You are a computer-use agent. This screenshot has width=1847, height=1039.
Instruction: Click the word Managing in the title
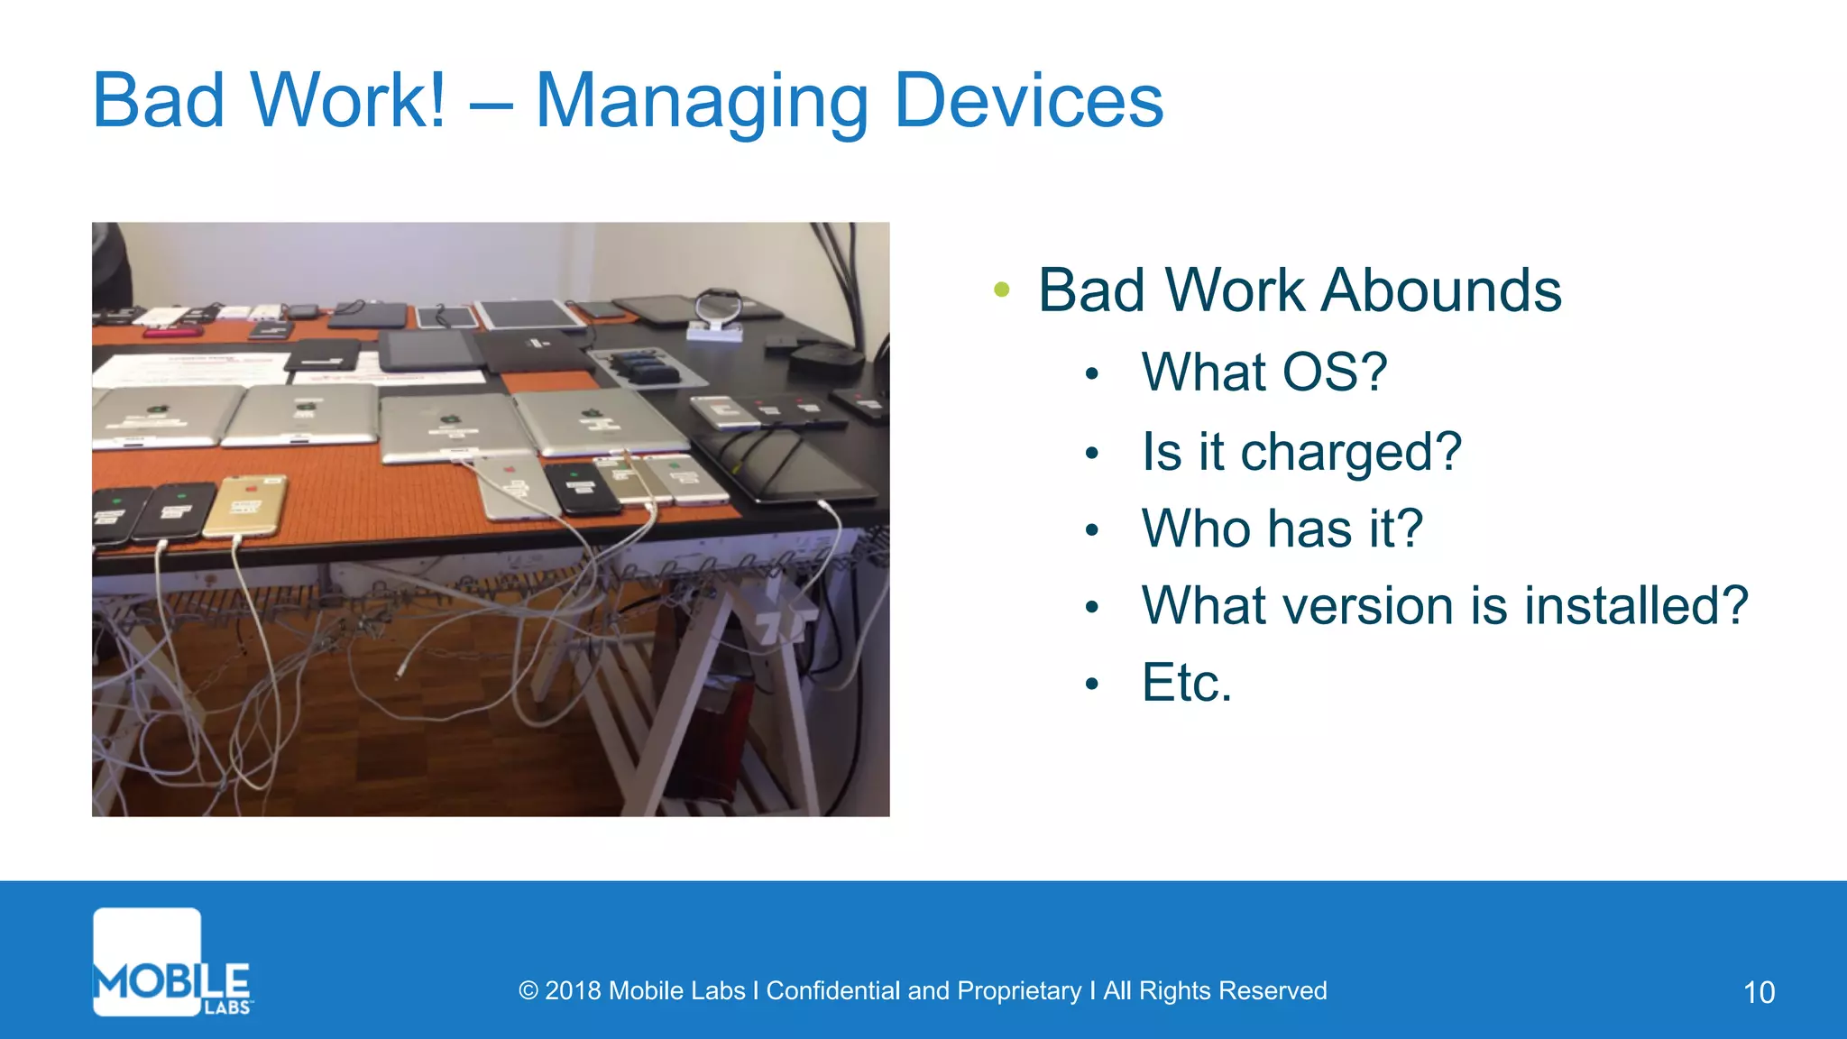pyautogui.click(x=702, y=103)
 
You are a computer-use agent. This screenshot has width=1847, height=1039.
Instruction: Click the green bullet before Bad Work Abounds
pyautogui.click(x=1001, y=290)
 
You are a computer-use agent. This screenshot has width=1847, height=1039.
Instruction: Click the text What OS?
pyautogui.click(x=1263, y=372)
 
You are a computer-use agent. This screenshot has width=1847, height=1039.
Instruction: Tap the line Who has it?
pyautogui.click(x=1282, y=529)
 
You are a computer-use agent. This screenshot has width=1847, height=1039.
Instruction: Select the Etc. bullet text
pyautogui.click(x=1186, y=683)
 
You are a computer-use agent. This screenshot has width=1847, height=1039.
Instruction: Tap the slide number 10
pyautogui.click(x=1759, y=992)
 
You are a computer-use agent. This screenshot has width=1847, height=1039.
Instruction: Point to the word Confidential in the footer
pyautogui.click(x=833, y=991)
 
